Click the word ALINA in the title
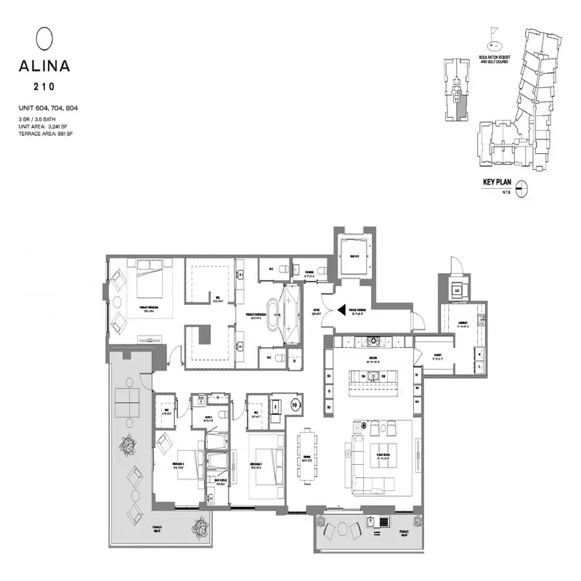coord(45,66)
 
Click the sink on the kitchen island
coord(373,376)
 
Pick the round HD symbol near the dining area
coord(296,405)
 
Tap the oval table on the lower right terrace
coord(340,529)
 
